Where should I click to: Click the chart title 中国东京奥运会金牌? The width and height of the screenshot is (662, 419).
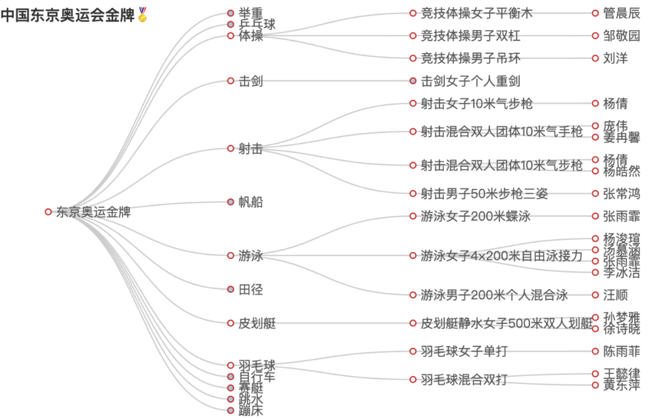[x=67, y=15]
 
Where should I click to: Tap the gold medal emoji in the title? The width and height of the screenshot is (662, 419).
[x=143, y=15]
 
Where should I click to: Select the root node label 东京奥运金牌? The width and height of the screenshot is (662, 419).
[x=93, y=212]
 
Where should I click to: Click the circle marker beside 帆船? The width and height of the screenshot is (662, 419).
[x=230, y=202]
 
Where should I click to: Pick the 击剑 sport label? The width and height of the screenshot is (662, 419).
[x=251, y=81]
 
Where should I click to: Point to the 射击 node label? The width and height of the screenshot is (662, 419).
[x=251, y=148]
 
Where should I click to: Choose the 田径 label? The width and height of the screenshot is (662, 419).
[x=251, y=289]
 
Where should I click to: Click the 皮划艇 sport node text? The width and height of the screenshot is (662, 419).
[x=257, y=323]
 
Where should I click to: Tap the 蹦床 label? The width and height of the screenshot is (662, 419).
[x=251, y=410]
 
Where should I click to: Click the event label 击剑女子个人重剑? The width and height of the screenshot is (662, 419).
[x=471, y=81]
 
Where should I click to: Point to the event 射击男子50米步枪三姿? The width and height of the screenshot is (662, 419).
[x=484, y=194]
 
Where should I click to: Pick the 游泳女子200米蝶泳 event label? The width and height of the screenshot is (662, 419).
[x=476, y=217]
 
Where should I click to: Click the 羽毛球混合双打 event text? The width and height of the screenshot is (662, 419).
[x=464, y=379]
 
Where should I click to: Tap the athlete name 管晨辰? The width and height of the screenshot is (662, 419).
[x=622, y=13]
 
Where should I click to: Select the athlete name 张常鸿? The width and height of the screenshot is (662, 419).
[x=622, y=194]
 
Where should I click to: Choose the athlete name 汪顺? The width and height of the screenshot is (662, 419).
[x=615, y=295]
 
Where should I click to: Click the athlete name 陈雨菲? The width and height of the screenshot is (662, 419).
[x=622, y=352]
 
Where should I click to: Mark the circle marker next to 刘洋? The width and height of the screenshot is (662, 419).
[x=595, y=58]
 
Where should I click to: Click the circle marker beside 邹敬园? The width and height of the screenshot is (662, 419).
[x=595, y=36]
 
